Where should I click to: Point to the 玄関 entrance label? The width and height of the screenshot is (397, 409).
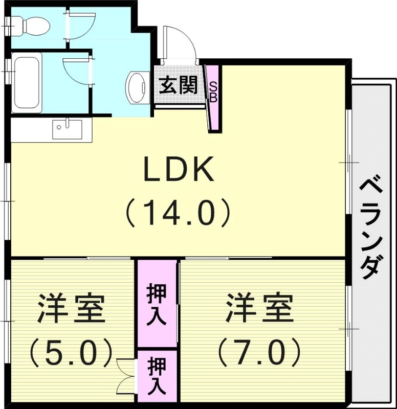pos(178,85)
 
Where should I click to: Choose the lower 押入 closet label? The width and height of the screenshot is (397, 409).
pos(157,376)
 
